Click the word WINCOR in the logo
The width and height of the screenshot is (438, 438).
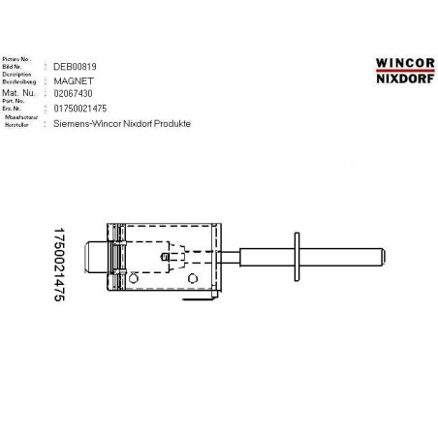click(x=405, y=60)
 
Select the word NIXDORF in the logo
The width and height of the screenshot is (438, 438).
click(x=405, y=76)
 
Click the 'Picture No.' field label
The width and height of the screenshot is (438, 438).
click(x=18, y=58)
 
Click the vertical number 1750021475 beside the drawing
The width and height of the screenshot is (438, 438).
click(x=58, y=267)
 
